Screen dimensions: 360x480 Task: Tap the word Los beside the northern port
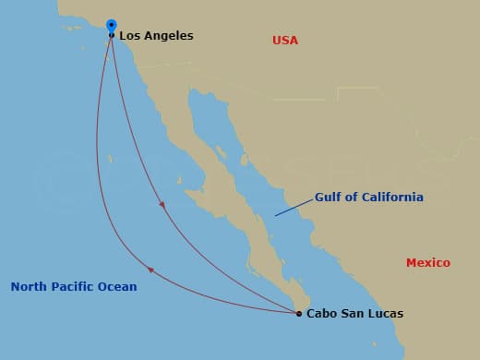pyautogui.click(x=130, y=36)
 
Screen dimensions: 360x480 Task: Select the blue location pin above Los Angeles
pyautogui.click(x=112, y=26)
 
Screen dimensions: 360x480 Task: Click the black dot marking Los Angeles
pyautogui.click(x=112, y=36)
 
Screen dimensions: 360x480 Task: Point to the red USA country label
pyautogui.click(x=285, y=41)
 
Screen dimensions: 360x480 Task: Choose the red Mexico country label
pyautogui.click(x=428, y=263)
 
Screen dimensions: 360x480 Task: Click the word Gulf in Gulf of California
pyautogui.click(x=329, y=198)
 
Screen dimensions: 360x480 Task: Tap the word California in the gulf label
pyautogui.click(x=391, y=198)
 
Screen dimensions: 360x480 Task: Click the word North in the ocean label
pyautogui.click(x=29, y=287)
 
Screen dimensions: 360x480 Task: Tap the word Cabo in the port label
pyautogui.click(x=321, y=314)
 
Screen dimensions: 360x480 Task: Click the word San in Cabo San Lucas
pyautogui.click(x=353, y=314)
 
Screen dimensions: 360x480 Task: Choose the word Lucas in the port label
pyautogui.click(x=385, y=314)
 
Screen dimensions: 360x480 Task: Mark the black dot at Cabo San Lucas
pyautogui.click(x=299, y=314)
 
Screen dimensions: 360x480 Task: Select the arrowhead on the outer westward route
pyautogui.click(x=151, y=270)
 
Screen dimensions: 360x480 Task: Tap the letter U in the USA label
pyautogui.click(x=277, y=41)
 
